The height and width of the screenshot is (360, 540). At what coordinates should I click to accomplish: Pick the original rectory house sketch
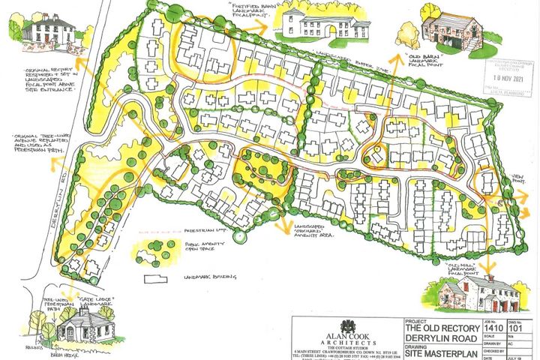click(47, 31)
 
